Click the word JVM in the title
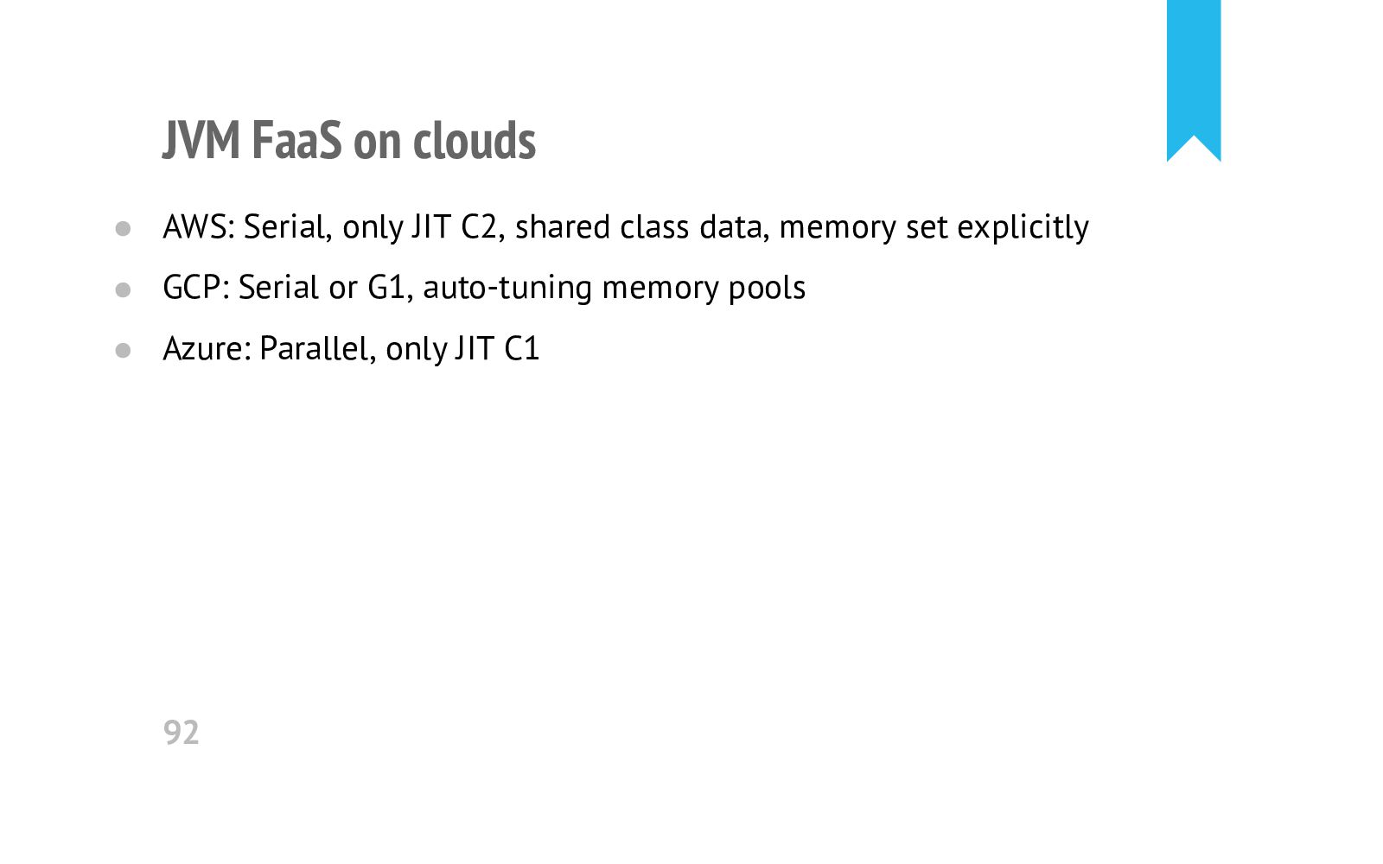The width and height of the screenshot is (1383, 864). pyautogui.click(x=201, y=140)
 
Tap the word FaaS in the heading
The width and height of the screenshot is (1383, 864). pyautogui.click(x=296, y=140)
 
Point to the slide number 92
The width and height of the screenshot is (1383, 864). pyautogui.click(x=182, y=733)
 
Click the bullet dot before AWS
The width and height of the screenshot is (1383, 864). pyautogui.click(x=123, y=229)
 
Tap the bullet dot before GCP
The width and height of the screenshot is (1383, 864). pyautogui.click(x=123, y=289)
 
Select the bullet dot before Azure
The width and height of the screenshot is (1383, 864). pyautogui.click(x=123, y=351)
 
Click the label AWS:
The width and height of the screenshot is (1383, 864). pyautogui.click(x=199, y=227)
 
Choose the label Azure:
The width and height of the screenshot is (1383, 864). pyautogui.click(x=207, y=349)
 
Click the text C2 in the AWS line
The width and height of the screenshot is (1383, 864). pyautogui.click(x=481, y=227)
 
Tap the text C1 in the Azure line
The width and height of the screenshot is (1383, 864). pyautogui.click(x=522, y=349)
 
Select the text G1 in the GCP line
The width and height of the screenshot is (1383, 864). pyautogui.click(x=388, y=288)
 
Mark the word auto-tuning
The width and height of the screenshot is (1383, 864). pyautogui.click(x=507, y=288)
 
